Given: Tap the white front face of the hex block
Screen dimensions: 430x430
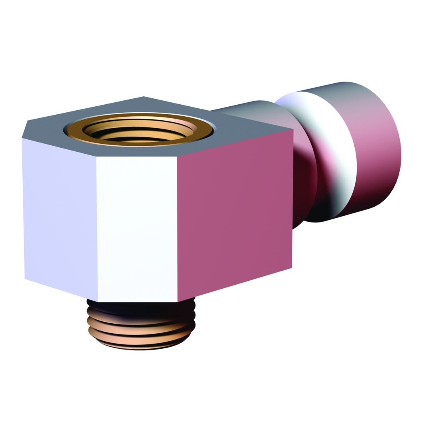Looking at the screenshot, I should tap(137, 229).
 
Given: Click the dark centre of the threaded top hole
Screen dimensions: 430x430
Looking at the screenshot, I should tap(139, 133).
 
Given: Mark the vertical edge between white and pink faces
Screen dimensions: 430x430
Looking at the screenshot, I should tap(177, 229).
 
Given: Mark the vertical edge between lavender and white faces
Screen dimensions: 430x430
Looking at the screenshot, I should tap(97, 229).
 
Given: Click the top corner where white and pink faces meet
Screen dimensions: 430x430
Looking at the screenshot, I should tap(177, 156).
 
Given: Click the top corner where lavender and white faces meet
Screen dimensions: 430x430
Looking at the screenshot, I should tap(96, 156).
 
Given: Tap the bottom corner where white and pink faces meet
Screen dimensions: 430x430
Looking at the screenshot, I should tap(178, 302).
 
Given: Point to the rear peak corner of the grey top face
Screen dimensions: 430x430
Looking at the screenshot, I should tap(143, 96).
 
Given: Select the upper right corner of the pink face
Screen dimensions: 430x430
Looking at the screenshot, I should tap(293, 129).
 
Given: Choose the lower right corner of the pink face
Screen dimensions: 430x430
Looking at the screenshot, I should tap(292, 268).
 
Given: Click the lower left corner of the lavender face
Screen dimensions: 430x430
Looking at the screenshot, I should tap(25, 279).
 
